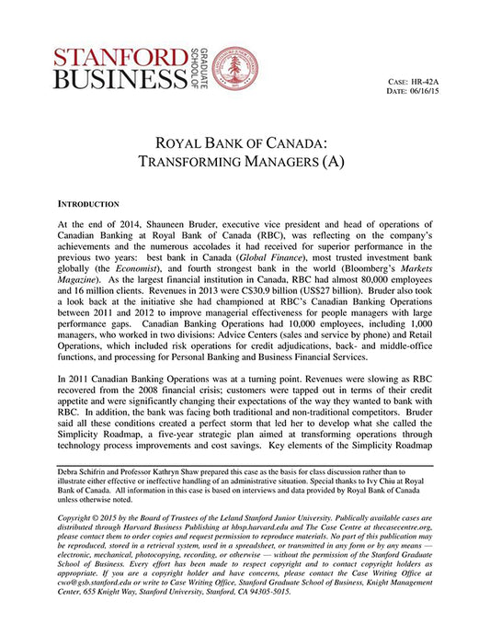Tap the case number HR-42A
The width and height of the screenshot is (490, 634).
[x=420, y=83]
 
